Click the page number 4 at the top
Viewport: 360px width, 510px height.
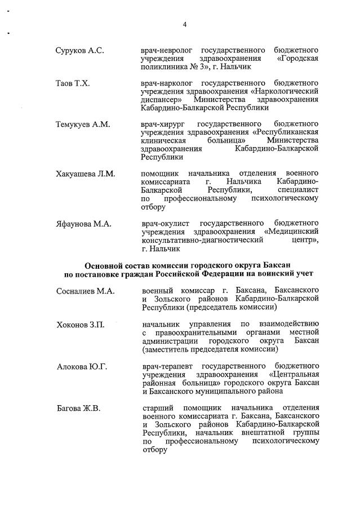click(x=184, y=24)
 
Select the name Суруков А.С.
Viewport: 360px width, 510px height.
click(x=79, y=51)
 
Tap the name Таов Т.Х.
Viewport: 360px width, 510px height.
click(x=73, y=83)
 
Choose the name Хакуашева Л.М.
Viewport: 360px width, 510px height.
click(x=85, y=174)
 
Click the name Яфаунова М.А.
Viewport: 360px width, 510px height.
click(x=83, y=224)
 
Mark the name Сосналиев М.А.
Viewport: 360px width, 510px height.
click(x=85, y=291)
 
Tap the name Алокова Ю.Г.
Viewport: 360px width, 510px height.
click(x=82, y=367)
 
